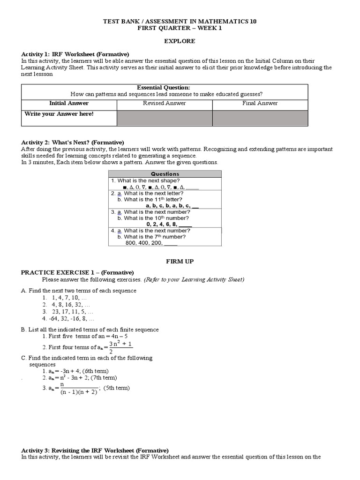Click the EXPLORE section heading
[x=180, y=41]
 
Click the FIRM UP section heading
[x=180, y=261]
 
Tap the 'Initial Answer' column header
[x=69, y=103]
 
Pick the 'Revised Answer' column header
[x=164, y=103]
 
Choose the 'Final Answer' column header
[x=260, y=103]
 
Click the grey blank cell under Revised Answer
[x=164, y=118]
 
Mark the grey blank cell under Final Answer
[x=260, y=118]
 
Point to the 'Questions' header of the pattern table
[x=165, y=174]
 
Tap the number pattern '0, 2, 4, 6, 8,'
[x=164, y=224]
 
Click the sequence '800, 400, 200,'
[x=144, y=243]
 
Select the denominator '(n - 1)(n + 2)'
[x=78, y=392]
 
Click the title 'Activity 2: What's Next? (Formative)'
[x=73, y=142]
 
